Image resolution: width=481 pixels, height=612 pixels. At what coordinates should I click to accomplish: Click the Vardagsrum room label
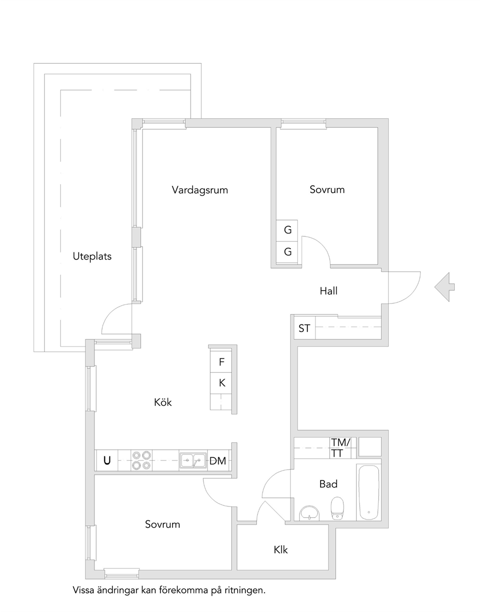click(200, 190)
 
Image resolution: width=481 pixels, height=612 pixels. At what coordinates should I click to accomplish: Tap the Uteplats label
click(92, 256)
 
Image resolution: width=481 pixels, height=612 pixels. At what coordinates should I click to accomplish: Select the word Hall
click(328, 291)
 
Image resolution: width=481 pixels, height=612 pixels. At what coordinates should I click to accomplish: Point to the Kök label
click(163, 402)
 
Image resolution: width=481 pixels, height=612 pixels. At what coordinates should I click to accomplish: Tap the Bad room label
click(328, 484)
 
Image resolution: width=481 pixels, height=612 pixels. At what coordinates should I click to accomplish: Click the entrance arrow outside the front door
click(444, 287)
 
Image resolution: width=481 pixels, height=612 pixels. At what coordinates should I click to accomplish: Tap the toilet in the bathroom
click(337, 508)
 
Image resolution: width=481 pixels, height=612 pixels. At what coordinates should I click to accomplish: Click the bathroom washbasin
click(309, 513)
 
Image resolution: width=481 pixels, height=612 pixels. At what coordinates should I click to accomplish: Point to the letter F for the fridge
click(222, 362)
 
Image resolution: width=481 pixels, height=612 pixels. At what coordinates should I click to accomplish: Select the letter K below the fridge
click(222, 383)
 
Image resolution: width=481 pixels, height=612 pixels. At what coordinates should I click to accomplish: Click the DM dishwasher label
click(218, 461)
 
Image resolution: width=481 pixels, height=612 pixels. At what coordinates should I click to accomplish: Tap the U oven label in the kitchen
click(107, 460)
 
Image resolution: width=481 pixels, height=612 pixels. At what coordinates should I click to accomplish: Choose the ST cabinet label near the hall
click(304, 328)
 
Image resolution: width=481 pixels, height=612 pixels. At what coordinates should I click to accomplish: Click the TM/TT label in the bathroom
click(341, 448)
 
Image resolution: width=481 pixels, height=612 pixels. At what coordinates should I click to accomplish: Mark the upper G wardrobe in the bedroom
click(288, 230)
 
